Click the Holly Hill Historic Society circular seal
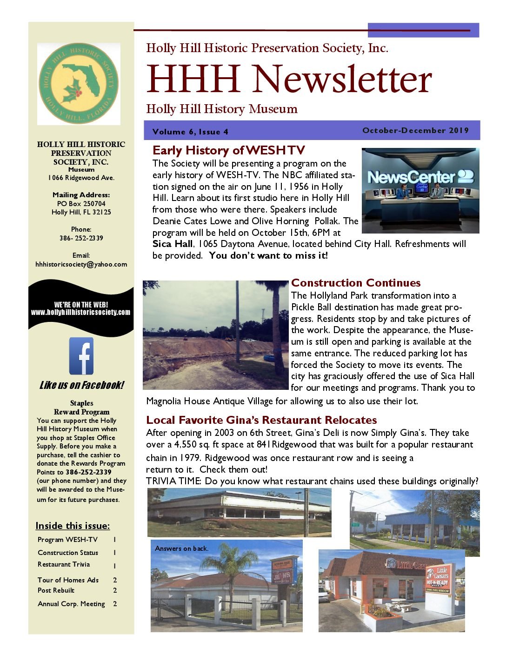(79, 84)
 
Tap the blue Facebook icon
(81, 356)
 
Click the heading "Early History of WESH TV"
(228, 150)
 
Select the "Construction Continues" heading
(356, 283)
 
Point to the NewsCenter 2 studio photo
(420, 190)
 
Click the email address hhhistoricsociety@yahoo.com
(81, 264)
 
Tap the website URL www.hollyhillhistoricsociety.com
(81, 312)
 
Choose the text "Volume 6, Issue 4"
(190, 132)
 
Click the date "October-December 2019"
(415, 130)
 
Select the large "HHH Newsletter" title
(289, 79)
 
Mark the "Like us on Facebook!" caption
(81, 385)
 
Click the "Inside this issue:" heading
(73, 526)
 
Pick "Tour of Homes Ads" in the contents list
(68, 580)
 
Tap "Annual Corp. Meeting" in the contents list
(71, 604)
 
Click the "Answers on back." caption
(181, 548)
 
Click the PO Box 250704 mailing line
(81, 204)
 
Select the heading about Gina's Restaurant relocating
(261, 420)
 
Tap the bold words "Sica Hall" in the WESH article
(172, 244)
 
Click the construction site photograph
(215, 335)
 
